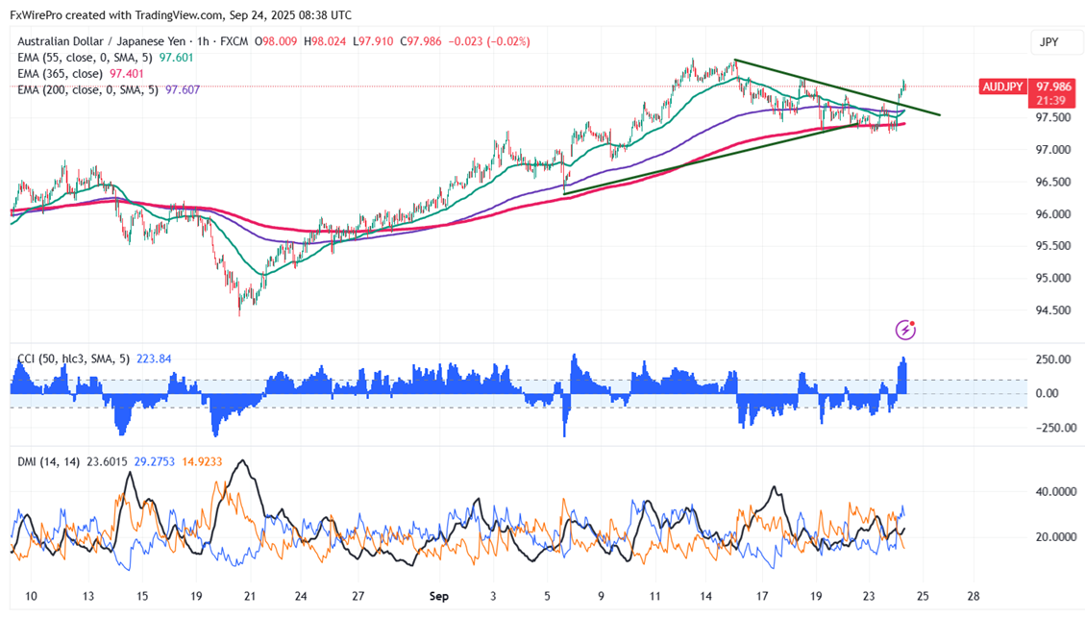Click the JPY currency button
coord(1048,42)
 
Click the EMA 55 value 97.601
coord(177,58)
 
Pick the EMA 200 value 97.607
coord(183,89)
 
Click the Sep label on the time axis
coord(438,596)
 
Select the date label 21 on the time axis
coord(250,596)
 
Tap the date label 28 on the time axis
coord(974,596)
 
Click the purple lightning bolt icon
coord(905,330)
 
